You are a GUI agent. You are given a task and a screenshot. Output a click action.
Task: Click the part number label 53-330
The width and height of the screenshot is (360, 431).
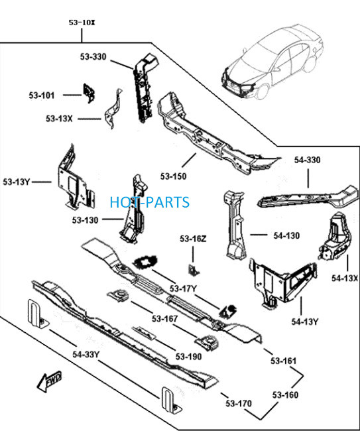(93, 56)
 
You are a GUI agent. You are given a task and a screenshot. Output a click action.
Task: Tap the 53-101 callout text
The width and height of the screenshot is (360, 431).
(42, 95)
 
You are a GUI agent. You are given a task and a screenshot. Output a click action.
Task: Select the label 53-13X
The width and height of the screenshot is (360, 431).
(59, 119)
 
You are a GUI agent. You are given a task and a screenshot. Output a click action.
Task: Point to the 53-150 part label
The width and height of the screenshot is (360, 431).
(174, 176)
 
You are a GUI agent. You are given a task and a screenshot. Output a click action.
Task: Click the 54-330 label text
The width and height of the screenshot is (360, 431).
(307, 160)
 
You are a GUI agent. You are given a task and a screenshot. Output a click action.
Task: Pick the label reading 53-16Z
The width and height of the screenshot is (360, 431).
(193, 239)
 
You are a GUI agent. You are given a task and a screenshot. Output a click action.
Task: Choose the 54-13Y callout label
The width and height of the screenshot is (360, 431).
(304, 322)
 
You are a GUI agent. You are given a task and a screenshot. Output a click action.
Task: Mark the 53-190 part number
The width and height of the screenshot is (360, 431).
(188, 357)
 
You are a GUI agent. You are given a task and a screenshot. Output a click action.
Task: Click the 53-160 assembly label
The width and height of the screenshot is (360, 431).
(285, 395)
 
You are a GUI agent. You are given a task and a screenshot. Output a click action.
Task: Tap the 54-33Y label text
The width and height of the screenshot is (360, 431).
(86, 354)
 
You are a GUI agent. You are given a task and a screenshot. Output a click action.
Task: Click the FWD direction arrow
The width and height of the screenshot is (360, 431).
(50, 381)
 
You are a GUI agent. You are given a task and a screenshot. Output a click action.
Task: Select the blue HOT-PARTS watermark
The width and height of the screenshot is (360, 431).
(149, 202)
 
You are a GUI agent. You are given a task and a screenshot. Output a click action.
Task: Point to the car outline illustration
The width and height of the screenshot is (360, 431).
(272, 61)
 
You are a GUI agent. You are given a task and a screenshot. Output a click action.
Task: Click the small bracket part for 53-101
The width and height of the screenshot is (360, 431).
(88, 93)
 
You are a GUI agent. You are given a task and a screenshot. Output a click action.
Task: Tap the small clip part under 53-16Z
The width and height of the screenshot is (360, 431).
(194, 270)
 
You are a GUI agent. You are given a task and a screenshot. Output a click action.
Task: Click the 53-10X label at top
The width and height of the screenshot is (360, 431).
(82, 23)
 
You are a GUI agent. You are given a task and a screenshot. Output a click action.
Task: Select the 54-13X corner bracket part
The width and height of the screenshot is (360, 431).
(335, 237)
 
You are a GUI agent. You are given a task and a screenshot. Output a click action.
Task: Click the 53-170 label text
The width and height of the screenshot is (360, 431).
(239, 404)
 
